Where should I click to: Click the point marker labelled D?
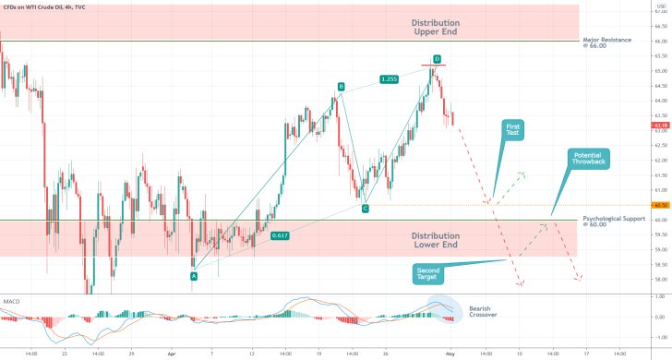[437, 58]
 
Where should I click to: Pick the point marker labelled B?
[341, 87]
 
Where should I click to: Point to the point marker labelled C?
[366, 209]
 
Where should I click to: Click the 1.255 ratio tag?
[389, 79]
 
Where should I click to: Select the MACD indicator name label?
[13, 301]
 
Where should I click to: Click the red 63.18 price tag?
[660, 125]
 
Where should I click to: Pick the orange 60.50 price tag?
[660, 205]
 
